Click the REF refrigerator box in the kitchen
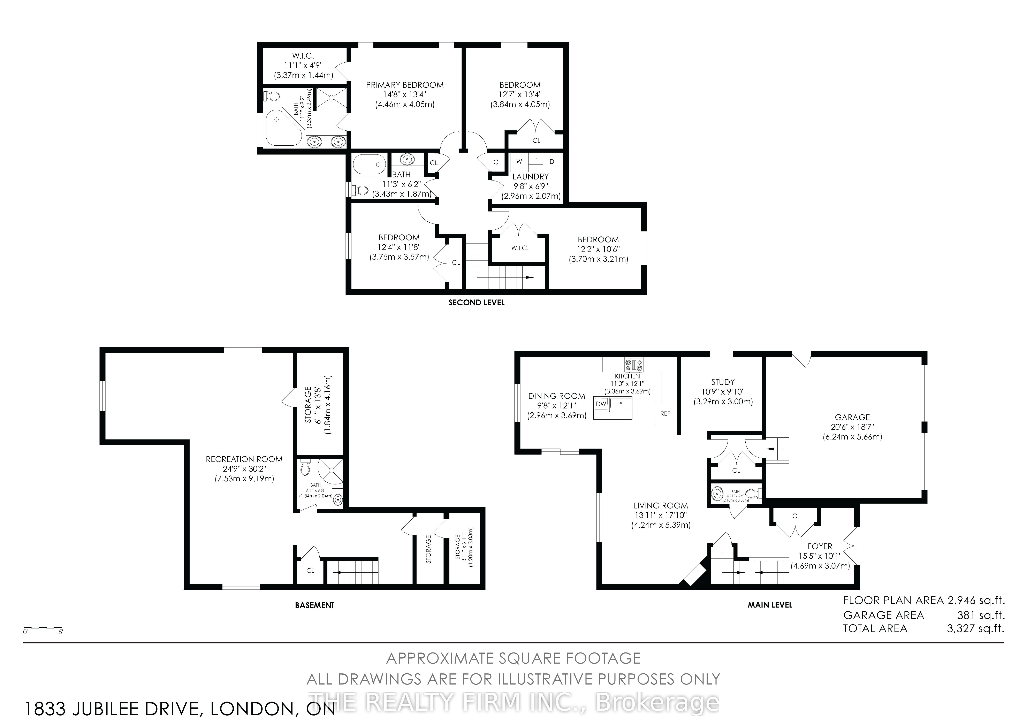[665, 413]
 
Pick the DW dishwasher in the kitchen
[601, 404]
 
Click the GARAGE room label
[852, 417]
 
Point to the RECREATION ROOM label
[244, 459]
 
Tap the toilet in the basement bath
[305, 468]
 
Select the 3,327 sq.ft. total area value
[975, 628]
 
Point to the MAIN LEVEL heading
[770, 605]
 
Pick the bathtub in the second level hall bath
[370, 164]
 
